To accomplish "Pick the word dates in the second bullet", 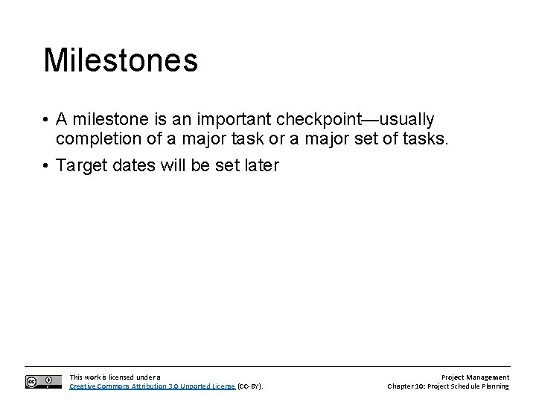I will pos(136,165).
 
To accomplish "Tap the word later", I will pos(260,165).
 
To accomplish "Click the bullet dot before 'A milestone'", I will pos(46,121).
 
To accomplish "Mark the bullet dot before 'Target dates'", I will pos(46,165).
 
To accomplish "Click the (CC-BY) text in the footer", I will pos(250,386).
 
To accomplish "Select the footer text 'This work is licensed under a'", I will pos(115,377).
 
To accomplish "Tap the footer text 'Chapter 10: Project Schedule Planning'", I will pos(448,386).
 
